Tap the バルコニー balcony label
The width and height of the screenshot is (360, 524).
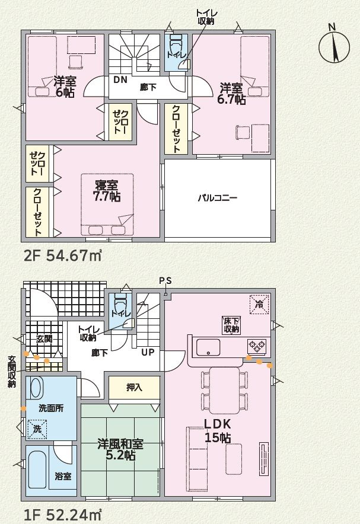(217, 198)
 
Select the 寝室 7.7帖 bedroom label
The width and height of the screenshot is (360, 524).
(106, 190)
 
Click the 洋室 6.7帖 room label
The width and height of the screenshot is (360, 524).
(231, 94)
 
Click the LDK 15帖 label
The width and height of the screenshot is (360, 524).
(218, 432)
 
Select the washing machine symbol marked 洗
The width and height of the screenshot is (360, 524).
(37, 428)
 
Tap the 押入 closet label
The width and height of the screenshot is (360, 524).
(134, 388)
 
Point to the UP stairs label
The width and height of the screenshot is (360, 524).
(148, 352)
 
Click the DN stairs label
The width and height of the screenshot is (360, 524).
(120, 79)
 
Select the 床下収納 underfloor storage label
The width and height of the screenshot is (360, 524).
(231, 324)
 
